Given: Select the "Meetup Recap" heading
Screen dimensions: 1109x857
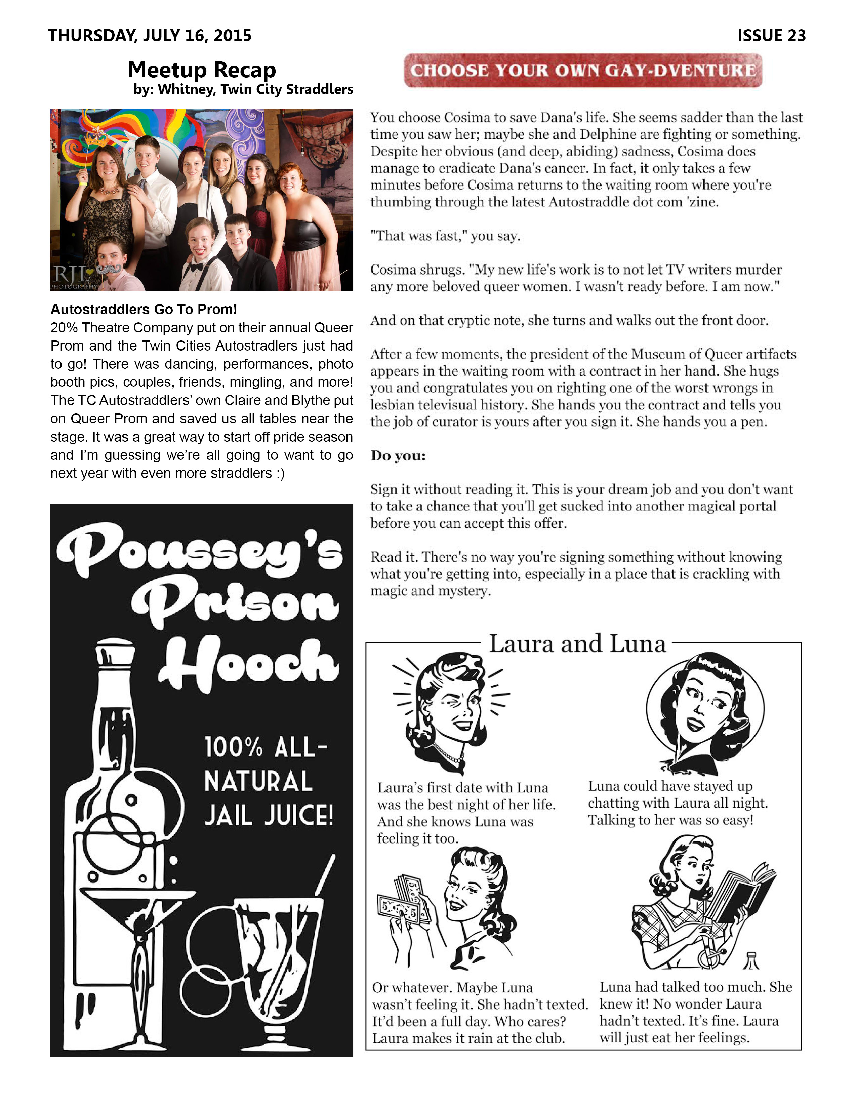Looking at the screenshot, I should tap(202, 70).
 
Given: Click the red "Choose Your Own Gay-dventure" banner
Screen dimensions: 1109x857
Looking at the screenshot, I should tap(583, 71).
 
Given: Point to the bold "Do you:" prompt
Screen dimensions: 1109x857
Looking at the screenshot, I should tap(398, 455).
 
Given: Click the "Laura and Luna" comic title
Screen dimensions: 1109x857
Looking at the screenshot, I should tap(577, 644).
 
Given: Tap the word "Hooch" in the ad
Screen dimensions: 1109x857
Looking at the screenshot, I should tap(249, 663).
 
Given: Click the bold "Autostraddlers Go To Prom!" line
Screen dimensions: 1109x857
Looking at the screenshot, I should tap(144, 309).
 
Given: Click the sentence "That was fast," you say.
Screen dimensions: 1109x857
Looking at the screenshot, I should tap(445, 236).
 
